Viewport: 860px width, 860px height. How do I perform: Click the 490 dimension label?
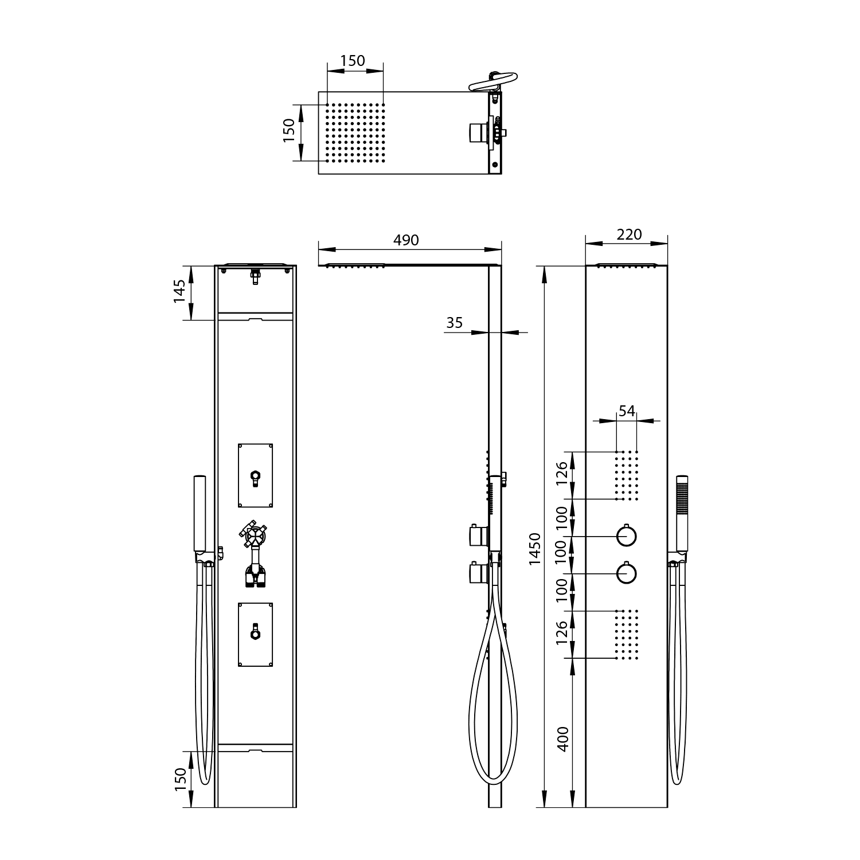(x=406, y=240)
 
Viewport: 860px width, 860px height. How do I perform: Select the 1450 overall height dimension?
(x=534, y=549)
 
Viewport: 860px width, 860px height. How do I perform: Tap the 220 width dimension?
(x=629, y=234)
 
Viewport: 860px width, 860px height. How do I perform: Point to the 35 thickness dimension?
(x=454, y=323)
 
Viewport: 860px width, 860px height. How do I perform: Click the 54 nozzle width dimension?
(x=627, y=411)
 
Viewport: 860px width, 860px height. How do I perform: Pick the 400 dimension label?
(x=563, y=739)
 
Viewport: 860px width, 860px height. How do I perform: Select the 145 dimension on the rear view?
(x=180, y=291)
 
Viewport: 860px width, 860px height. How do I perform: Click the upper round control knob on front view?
(x=627, y=536)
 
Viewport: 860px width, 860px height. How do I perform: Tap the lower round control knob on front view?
(x=627, y=573)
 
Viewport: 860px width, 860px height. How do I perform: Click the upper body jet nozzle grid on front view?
(x=627, y=475)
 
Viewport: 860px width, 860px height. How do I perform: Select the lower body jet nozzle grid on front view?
(x=627, y=634)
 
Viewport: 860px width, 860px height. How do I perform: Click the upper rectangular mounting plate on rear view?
(x=255, y=475)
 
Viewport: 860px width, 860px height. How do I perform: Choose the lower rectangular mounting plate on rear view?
(x=255, y=634)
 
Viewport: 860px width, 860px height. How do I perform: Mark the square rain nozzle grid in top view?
(x=355, y=132)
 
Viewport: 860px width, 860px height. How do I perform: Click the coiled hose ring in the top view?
(x=493, y=81)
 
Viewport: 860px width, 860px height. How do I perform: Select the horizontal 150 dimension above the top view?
(x=353, y=61)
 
